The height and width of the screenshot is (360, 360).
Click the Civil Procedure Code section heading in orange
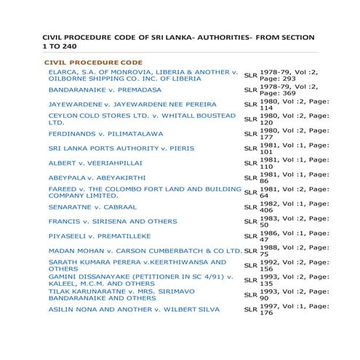(x=93, y=63)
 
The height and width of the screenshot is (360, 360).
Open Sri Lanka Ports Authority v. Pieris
(x=121, y=148)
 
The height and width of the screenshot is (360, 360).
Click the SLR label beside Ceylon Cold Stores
(x=249, y=119)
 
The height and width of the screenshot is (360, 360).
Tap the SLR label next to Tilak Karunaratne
(x=249, y=295)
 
